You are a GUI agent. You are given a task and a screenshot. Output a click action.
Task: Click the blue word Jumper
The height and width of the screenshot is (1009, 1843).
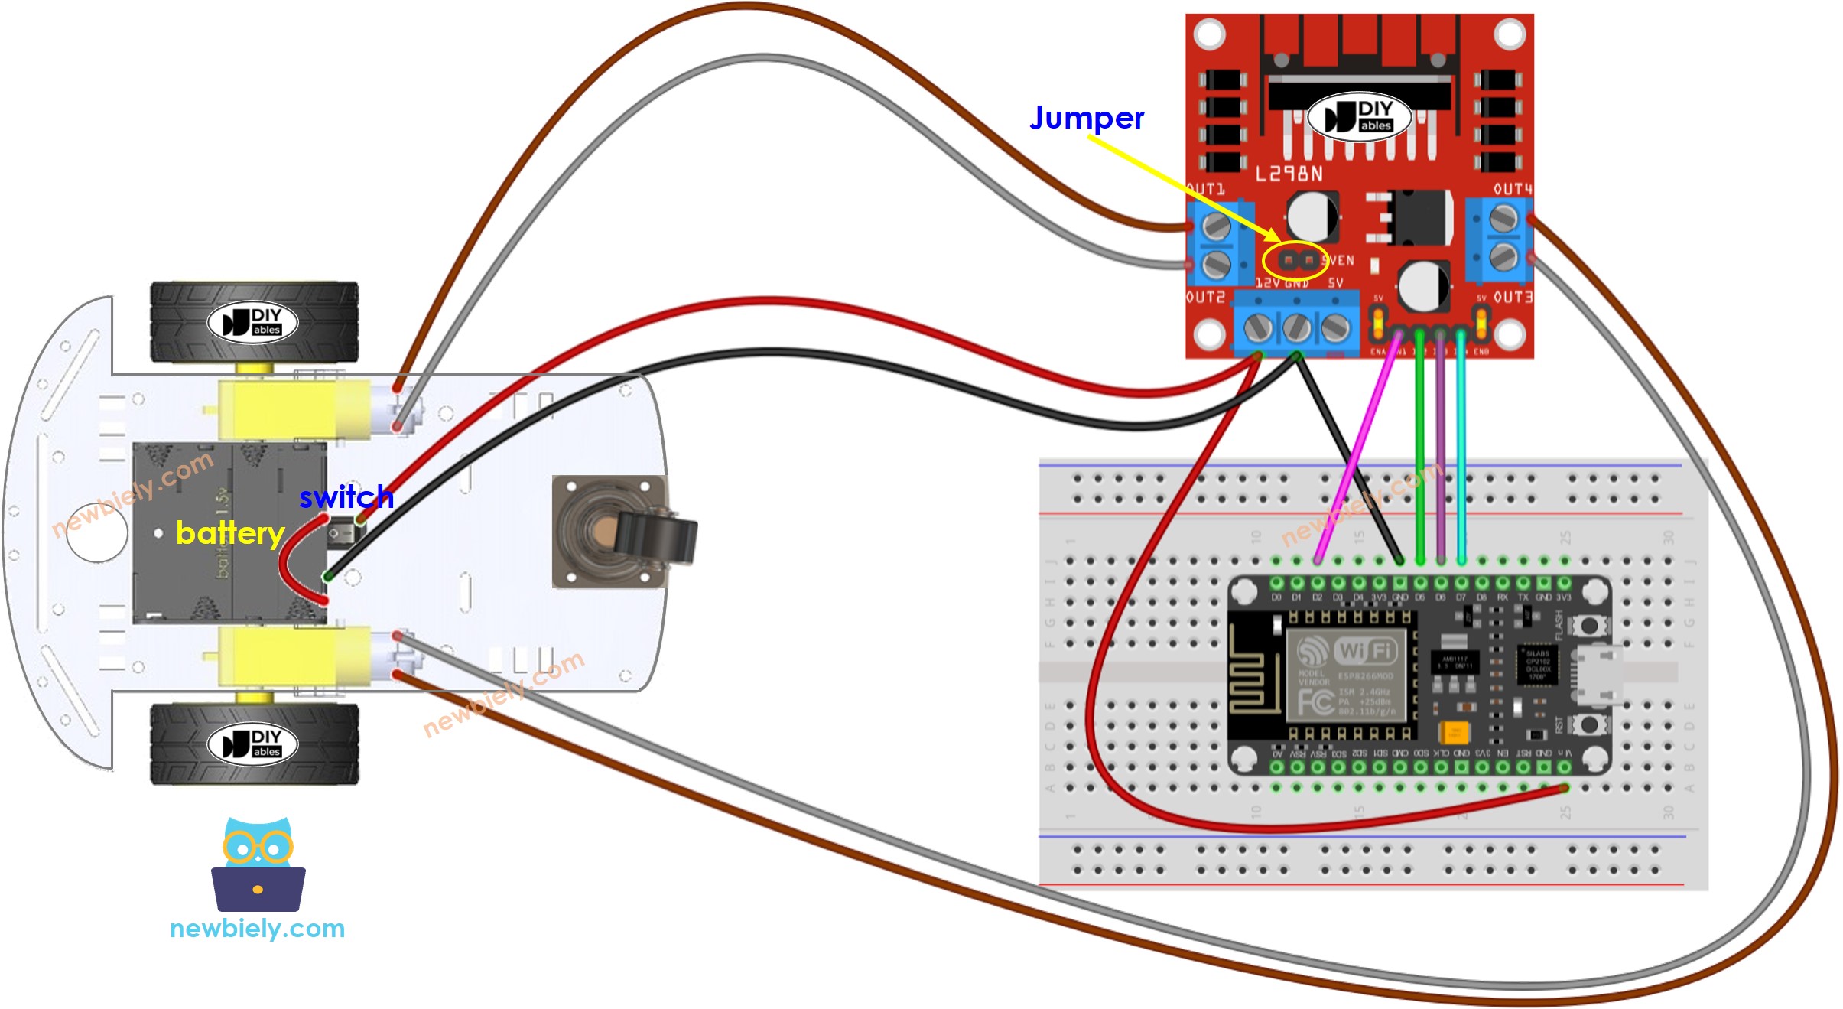(x=1086, y=119)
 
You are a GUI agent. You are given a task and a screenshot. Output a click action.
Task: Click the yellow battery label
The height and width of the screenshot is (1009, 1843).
(x=229, y=532)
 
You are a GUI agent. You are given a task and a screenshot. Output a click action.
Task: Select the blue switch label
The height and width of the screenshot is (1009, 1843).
(x=346, y=497)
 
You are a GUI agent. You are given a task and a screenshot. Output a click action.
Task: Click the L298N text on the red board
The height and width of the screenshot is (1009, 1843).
(x=1289, y=174)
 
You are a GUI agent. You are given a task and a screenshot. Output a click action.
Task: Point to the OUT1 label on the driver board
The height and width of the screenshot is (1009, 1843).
(x=1207, y=189)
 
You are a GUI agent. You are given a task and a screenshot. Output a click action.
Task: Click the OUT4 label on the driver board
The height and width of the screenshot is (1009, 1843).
(x=1512, y=189)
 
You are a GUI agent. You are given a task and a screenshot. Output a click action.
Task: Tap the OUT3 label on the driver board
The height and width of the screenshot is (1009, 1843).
(x=1512, y=297)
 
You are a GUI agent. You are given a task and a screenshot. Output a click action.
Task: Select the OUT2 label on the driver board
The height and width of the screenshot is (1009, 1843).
(x=1205, y=297)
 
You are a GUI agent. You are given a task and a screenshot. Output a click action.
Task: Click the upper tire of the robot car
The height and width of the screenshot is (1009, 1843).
(x=254, y=321)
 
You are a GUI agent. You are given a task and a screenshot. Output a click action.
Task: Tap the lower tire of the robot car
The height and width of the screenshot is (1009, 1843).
(x=254, y=744)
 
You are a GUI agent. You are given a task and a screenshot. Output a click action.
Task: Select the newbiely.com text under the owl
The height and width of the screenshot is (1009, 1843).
(x=257, y=929)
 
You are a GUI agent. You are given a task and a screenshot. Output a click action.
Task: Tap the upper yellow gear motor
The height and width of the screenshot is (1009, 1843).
(x=294, y=407)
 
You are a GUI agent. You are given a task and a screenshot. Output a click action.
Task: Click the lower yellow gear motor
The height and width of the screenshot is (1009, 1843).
(x=294, y=656)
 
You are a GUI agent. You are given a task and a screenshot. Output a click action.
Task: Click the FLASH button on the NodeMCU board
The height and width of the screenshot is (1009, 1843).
(x=1589, y=625)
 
